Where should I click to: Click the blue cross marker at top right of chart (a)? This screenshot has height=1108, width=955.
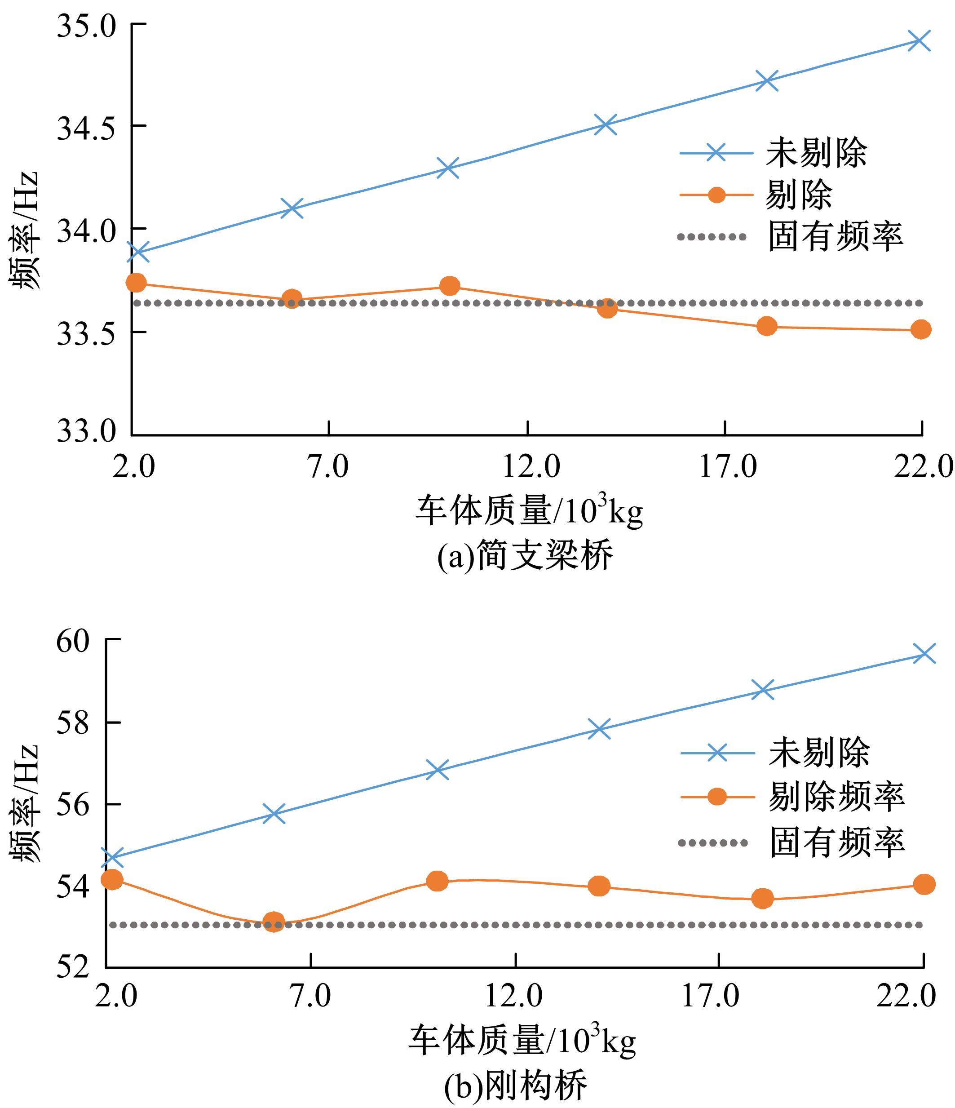point(919,40)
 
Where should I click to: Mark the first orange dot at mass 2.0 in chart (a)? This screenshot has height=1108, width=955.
point(136,282)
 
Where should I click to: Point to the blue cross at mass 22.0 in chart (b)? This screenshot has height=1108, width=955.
point(924,653)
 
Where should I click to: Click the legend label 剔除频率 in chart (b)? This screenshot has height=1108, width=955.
point(836,797)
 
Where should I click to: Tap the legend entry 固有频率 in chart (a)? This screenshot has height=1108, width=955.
point(835,236)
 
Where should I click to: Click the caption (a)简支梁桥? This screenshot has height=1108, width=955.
point(525,556)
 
